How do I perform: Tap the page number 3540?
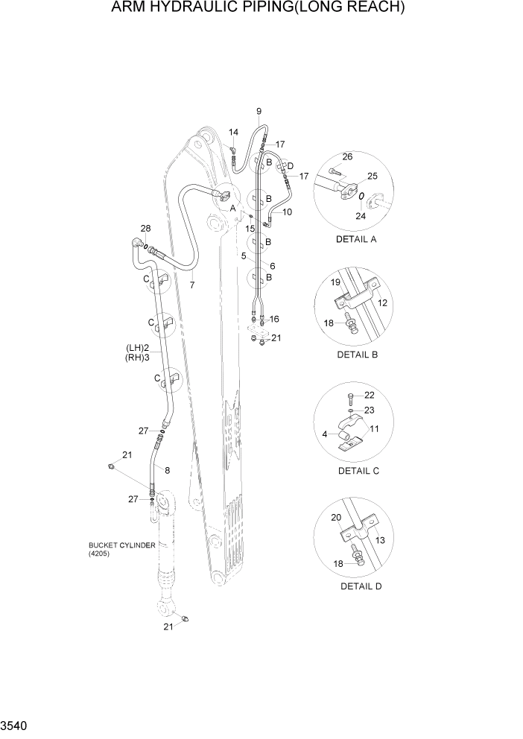16,726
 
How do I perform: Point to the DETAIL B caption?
358,355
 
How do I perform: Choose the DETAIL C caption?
358,470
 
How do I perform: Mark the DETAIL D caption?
361,586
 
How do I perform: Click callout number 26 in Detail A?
347,156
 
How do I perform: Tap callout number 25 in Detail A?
373,176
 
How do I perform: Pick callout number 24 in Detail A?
361,216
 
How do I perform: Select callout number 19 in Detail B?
335,282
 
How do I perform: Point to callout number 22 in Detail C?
370,395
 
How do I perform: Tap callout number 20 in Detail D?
335,518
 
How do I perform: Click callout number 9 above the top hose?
259,112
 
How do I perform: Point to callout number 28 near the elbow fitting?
145,228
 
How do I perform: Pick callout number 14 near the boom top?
232,133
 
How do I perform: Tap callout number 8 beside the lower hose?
167,470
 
